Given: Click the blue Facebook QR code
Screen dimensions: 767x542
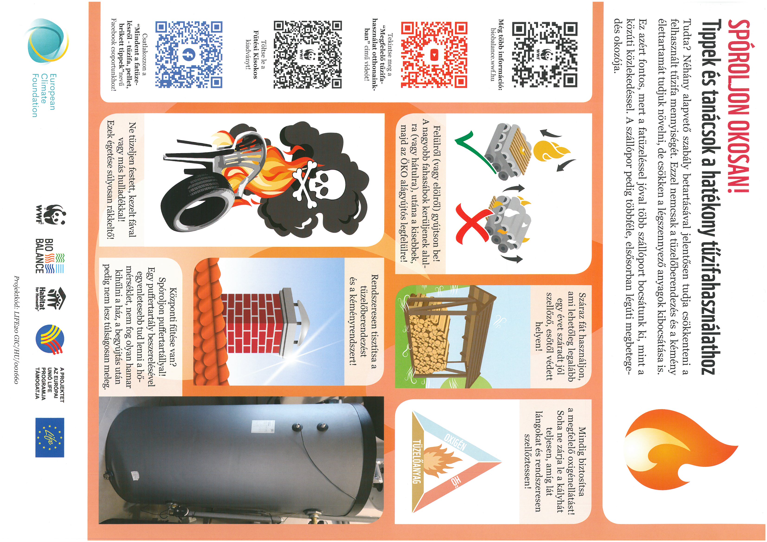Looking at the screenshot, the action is (189, 54).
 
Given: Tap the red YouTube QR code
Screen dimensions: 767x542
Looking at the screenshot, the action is (434, 54).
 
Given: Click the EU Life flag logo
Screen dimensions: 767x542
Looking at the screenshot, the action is (50, 437).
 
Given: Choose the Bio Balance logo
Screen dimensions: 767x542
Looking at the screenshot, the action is (49, 255).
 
